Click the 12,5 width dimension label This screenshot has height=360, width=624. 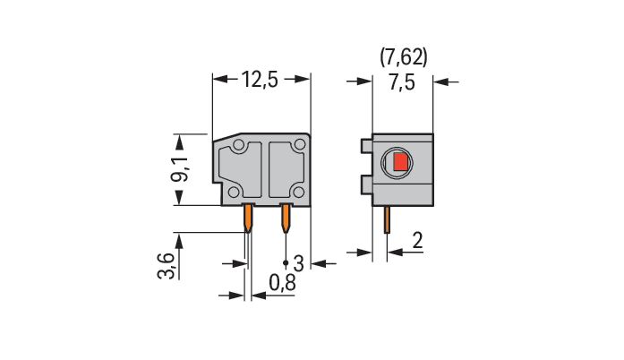[x=260, y=80]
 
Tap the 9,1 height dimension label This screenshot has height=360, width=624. [x=180, y=169]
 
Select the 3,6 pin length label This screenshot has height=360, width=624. [x=167, y=266]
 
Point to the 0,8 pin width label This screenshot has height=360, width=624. [x=282, y=283]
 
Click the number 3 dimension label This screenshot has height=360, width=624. [x=298, y=263]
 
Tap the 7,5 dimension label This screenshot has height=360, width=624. [x=402, y=82]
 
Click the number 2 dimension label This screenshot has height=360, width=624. [x=417, y=241]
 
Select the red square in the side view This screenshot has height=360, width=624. [x=401, y=162]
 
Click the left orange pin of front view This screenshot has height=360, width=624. [x=248, y=219]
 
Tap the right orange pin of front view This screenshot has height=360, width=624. [x=286, y=219]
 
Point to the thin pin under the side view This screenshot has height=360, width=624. [x=387, y=219]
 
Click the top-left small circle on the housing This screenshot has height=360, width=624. [x=238, y=145]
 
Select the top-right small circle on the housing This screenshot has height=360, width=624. [x=298, y=145]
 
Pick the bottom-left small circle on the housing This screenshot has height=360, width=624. [x=234, y=193]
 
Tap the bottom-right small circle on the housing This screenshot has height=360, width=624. [x=298, y=193]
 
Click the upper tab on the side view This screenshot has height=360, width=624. [x=367, y=146]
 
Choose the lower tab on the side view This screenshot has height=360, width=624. [x=367, y=184]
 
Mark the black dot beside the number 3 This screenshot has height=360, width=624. [x=286, y=262]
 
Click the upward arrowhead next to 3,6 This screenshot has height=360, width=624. [x=179, y=241]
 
